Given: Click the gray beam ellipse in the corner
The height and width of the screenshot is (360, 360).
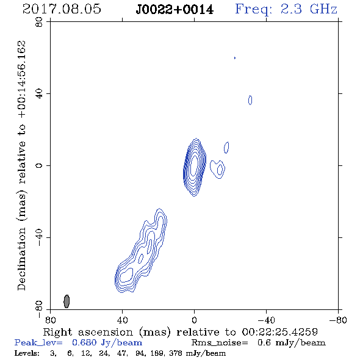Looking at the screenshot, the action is coord(67,301).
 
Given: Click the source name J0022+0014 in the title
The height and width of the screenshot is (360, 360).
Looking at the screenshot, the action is coord(175,10).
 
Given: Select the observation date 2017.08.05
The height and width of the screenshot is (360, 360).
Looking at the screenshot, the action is coord(62,9).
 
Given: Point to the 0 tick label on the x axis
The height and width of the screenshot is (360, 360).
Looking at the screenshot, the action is coord(194,320).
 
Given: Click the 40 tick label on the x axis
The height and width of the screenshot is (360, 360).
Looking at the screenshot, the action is coord(122,320).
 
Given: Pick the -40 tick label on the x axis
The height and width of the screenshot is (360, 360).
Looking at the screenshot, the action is coord(266,320).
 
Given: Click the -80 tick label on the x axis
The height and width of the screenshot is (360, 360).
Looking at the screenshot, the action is coord(338,320).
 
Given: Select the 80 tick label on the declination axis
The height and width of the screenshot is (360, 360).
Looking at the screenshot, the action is coord(39,22).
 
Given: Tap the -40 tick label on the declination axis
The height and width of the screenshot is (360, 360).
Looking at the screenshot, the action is coord(39,237).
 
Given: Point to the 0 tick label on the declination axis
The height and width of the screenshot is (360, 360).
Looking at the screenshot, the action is coord(39,165).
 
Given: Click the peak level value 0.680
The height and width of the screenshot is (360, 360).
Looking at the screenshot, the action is coord(84,342).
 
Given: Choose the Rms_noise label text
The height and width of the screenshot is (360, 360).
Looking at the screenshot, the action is coord(220,343).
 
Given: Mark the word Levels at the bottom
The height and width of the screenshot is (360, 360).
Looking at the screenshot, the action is coord(27,353).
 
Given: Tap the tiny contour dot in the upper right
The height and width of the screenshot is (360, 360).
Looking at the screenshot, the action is coord(235,58).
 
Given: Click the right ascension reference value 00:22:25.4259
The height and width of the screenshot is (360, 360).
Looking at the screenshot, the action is coord(279,332).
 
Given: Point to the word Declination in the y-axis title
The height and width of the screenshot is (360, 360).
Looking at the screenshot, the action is coord(21,259).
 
